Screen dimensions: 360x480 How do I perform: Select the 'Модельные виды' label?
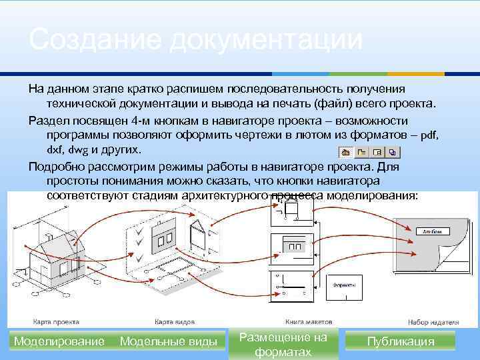coord(168,342)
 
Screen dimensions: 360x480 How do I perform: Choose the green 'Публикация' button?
coord(401,342)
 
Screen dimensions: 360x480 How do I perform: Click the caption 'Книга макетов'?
coord(303,319)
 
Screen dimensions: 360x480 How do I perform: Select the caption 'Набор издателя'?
coord(430,319)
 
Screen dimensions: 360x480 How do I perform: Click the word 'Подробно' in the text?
coord(55,166)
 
